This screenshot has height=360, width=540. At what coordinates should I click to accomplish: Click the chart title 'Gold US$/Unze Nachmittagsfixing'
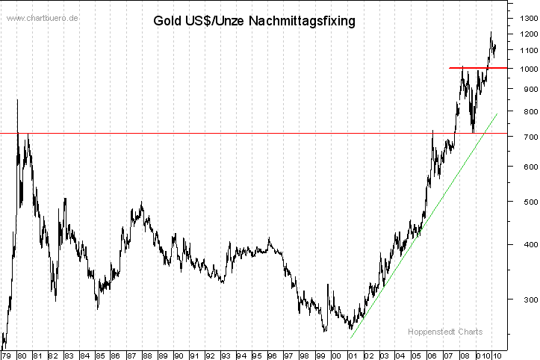tap(254, 21)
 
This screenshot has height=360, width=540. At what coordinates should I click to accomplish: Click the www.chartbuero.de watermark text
tap(43, 18)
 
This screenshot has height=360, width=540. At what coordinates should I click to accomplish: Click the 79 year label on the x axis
tap(7, 356)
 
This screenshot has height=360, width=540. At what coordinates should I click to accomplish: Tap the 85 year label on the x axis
tap(100, 356)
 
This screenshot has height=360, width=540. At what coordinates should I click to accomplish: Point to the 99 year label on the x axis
tap(320, 356)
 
